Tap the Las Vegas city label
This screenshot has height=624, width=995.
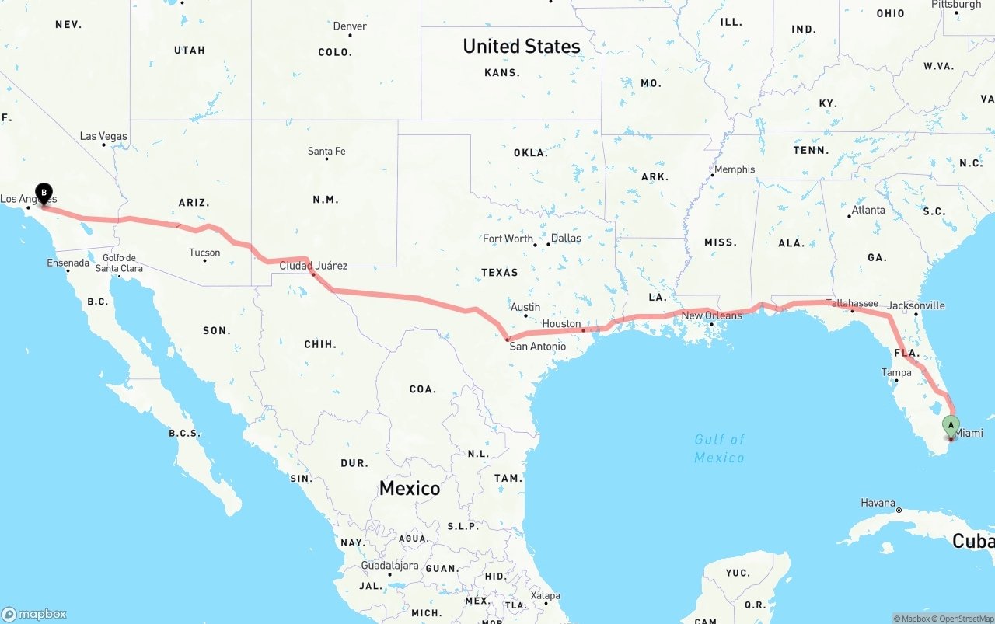coord(103,136)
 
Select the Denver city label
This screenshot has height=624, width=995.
coord(350,26)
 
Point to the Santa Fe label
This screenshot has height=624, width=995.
coord(326,151)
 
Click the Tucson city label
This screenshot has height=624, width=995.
coord(204,253)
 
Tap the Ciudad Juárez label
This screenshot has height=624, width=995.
coord(313,266)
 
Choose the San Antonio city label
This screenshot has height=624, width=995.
coord(538,346)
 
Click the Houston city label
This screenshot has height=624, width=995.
coord(561,323)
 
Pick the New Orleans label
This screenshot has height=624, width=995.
coord(711,315)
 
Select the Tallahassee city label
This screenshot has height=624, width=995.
coord(852,303)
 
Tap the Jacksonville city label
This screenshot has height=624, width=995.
coord(916,305)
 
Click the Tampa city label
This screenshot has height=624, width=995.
coord(896,372)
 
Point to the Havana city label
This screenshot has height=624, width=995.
coord(878,503)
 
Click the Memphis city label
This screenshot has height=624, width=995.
coord(735,169)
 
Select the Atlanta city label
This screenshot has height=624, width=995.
coord(868,210)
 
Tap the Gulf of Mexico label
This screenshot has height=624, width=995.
coord(720,448)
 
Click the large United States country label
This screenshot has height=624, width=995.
coord(522,47)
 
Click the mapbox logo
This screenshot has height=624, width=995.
coord(34,614)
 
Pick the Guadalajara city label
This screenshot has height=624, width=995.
coord(389,566)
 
